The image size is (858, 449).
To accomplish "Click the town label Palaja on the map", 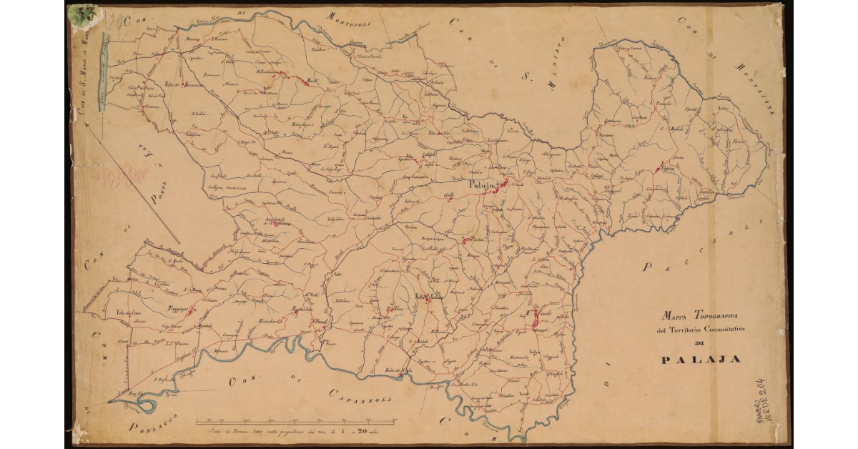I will [480, 185].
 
